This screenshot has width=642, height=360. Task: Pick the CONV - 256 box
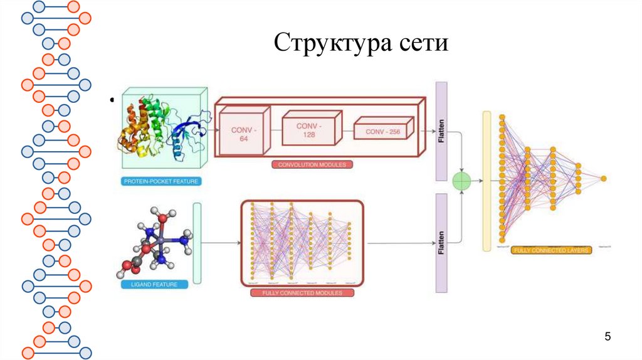[x=382, y=131]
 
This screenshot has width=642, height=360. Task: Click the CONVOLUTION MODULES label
[x=312, y=165]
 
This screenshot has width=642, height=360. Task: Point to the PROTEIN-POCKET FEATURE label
[x=162, y=182]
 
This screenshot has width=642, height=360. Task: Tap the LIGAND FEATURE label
[x=154, y=284]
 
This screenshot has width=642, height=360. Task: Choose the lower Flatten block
[x=441, y=243]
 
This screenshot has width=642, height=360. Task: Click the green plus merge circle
[x=462, y=181]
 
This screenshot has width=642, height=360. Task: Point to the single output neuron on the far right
[x=603, y=179]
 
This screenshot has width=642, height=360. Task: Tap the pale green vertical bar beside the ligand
[x=197, y=243]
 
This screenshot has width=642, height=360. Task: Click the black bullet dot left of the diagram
[x=112, y=98]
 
